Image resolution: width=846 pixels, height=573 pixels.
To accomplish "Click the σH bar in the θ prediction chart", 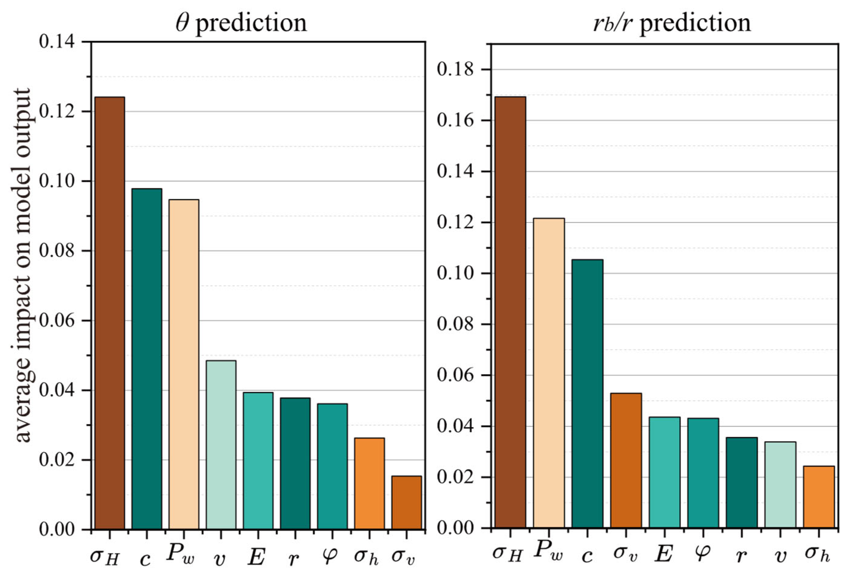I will (x=110, y=313).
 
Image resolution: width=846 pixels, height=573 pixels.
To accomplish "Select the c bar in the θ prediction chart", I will (x=147, y=359).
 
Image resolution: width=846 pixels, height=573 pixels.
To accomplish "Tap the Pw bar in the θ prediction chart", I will (x=184, y=364).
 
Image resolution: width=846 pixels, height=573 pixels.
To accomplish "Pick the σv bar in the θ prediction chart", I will (x=407, y=503).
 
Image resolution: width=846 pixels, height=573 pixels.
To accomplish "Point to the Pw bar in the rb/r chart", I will (x=549, y=373).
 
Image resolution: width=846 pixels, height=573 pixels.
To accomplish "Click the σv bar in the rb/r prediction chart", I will (x=626, y=461).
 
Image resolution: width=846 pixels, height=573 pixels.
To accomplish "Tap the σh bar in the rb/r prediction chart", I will (x=819, y=497).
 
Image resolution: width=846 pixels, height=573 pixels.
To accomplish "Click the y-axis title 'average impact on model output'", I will (x=22, y=266).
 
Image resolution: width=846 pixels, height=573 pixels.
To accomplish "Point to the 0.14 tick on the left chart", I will (x=57, y=42).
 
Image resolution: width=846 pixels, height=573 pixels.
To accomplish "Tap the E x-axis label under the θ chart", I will (x=257, y=556).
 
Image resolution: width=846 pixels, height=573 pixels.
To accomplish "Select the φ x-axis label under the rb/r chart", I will (x=702, y=553).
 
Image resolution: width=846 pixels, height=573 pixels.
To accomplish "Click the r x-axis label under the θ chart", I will (x=294, y=558).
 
